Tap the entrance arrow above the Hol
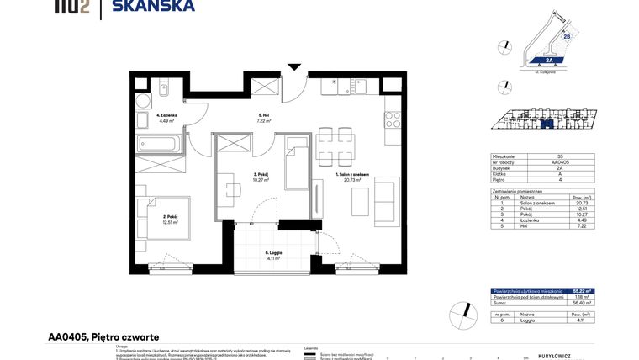tap(293, 66)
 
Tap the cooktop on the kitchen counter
tap(392, 119)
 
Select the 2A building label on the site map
tap(548, 61)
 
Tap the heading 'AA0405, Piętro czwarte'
tap(98, 336)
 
